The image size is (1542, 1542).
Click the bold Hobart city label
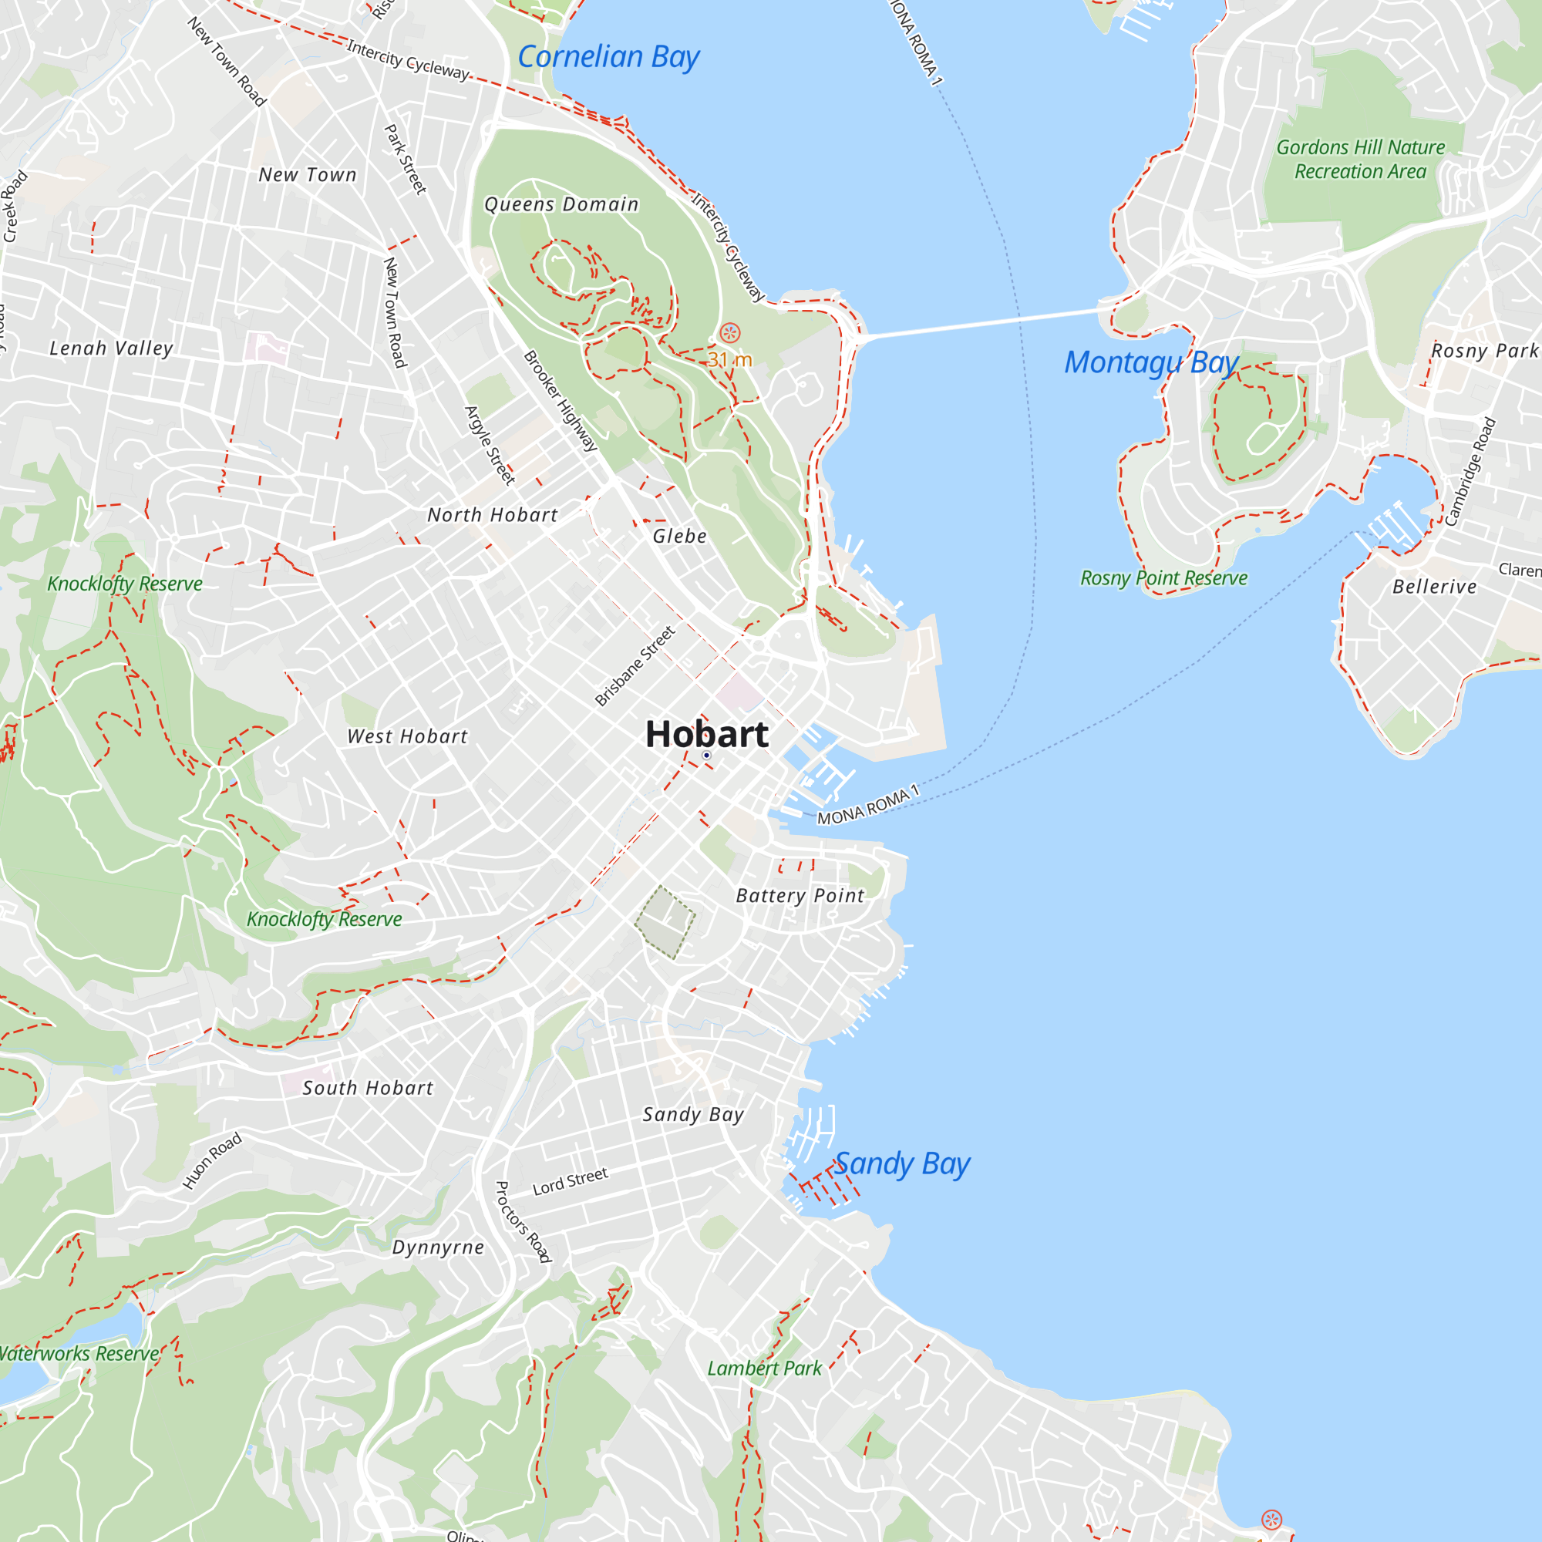coord(706,734)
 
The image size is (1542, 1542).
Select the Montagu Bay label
coord(1150,362)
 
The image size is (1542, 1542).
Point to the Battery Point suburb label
coord(800,895)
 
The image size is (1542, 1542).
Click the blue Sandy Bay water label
coord(902,1163)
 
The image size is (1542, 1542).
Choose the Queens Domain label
coord(561,204)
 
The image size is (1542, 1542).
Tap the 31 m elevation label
coord(729,360)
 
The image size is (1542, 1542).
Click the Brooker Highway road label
coord(561,402)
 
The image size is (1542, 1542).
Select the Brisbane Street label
coord(635,665)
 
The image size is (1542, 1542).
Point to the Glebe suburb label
coord(679,537)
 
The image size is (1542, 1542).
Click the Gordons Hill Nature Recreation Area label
coord(1360,160)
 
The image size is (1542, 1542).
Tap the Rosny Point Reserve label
coord(1163,577)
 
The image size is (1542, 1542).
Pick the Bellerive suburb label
coord(1434,587)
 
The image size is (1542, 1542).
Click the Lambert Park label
coord(764,1368)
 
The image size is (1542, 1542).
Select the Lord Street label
coord(570,1181)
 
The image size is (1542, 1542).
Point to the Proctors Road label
coord(523,1221)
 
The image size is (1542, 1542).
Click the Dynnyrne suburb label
coord(438,1247)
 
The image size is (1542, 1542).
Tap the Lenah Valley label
coord(111,348)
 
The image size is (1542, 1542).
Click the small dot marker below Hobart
coord(706,755)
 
